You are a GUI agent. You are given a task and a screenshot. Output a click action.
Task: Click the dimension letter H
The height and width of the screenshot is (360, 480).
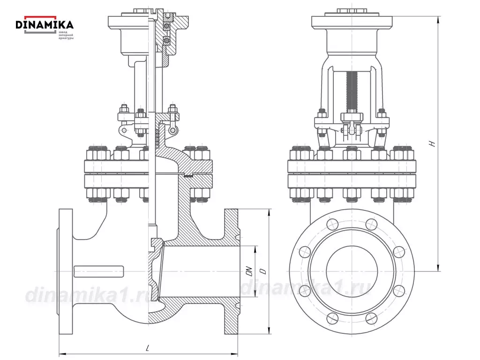click(434, 144)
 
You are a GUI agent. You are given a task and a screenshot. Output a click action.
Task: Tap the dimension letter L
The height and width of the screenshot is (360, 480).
click(147, 348)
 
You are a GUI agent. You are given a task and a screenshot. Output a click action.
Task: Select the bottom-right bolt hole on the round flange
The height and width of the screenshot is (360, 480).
click(371, 318)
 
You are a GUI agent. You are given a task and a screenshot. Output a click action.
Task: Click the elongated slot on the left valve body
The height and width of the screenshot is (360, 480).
click(99, 271)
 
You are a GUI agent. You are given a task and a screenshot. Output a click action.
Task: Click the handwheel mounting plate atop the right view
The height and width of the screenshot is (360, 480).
click(352, 22)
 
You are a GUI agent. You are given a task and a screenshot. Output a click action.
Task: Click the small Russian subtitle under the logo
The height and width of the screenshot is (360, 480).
click(66, 35)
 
